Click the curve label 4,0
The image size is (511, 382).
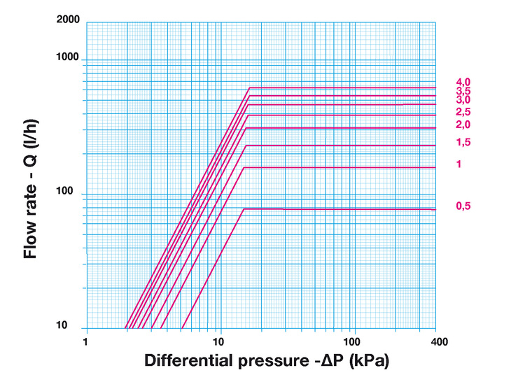point(463,82)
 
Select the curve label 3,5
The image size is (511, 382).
point(463,91)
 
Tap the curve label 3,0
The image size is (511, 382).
point(463,100)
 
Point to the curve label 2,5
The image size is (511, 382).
point(463,112)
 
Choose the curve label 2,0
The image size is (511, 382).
point(463,125)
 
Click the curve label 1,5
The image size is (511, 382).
point(463,142)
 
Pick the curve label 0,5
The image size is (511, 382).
point(463,206)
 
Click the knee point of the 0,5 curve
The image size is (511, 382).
point(242,209)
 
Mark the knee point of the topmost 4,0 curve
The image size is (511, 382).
point(250,87)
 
